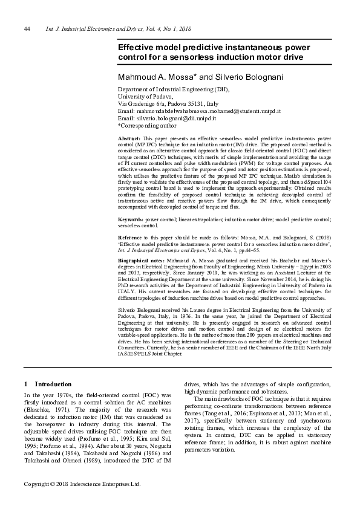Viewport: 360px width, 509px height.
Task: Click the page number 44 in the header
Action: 27,29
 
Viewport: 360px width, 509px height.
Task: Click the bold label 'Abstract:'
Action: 129,138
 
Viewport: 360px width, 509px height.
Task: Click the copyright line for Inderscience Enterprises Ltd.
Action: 82,484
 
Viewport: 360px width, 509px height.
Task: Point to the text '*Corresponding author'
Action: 147,126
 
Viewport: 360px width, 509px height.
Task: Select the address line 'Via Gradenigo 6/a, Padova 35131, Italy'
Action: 168,104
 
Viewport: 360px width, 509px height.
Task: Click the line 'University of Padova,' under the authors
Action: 145,97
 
